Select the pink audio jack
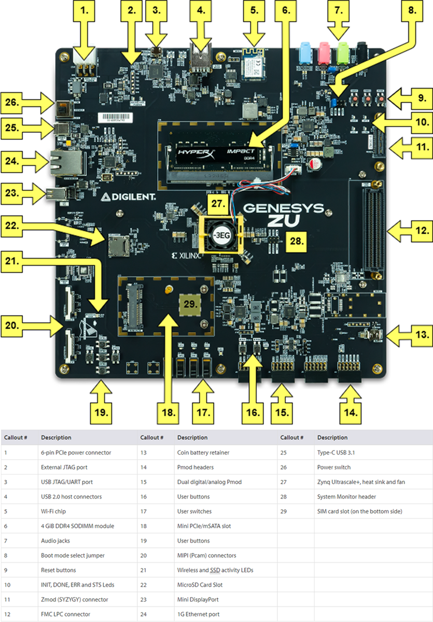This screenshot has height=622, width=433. coord(325,52)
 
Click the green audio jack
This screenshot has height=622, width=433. coord(343,52)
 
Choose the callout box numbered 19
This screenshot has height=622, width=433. coord(102,413)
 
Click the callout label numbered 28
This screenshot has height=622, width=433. coord(294,241)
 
